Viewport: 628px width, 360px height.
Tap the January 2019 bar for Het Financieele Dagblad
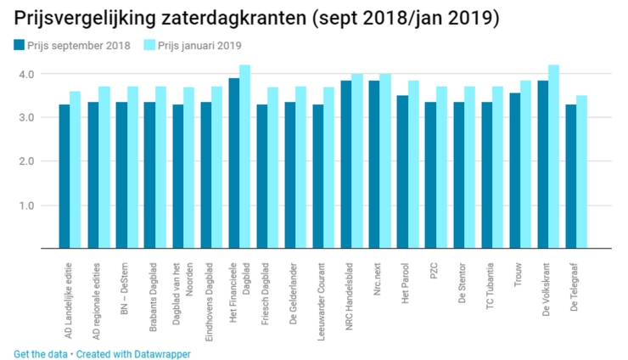point(244,157)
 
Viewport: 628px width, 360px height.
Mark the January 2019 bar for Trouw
point(526,165)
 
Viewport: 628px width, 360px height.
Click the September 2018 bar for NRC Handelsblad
point(346,165)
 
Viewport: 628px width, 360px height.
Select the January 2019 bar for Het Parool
point(413,165)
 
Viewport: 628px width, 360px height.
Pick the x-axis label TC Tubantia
point(490,284)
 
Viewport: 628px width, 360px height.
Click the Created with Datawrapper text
point(133,353)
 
